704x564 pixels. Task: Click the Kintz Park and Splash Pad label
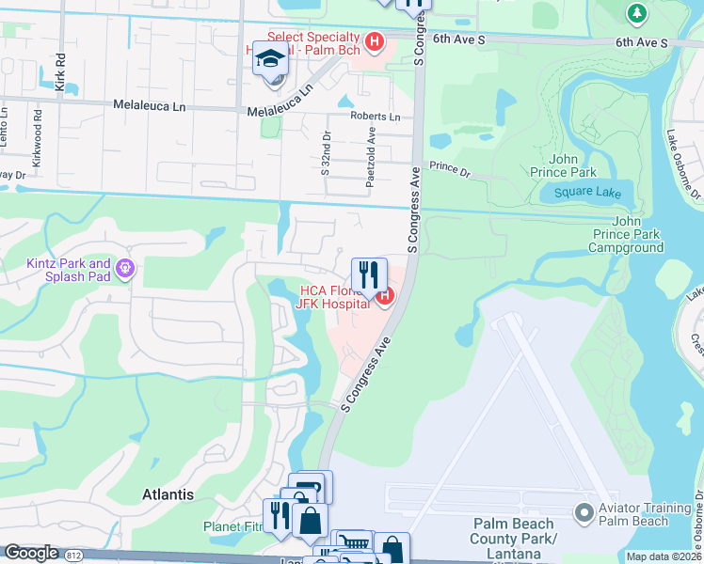[x=68, y=271]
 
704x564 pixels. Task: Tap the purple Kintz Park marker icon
[x=126, y=271]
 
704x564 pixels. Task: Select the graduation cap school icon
[x=270, y=59]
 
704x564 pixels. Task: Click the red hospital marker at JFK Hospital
[x=384, y=297]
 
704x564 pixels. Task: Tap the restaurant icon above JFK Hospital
[x=369, y=274]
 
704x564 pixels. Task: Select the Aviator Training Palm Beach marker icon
[x=584, y=513]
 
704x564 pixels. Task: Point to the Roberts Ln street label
[x=375, y=117]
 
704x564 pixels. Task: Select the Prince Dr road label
[x=449, y=168]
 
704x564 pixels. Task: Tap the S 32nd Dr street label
[x=326, y=154]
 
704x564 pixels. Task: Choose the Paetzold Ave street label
[x=372, y=163]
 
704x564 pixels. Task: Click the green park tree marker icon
[x=637, y=13]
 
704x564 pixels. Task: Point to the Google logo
[x=31, y=554]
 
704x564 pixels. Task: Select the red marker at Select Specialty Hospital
[x=375, y=42]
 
